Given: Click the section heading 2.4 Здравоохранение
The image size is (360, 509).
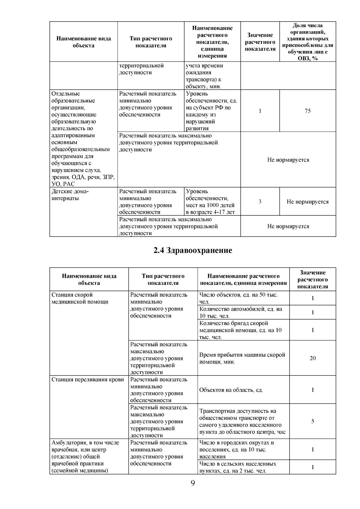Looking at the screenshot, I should click(193, 250).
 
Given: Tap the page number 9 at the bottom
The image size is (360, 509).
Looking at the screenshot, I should click(193, 483).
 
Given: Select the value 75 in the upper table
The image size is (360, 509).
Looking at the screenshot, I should click(307, 111).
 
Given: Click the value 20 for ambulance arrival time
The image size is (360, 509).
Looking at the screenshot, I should click(313, 358).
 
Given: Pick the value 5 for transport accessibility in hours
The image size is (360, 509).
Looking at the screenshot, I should click(313, 421).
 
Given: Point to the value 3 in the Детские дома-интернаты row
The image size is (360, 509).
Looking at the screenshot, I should click(260, 202).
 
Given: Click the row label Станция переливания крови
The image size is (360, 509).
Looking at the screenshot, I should click(88, 379).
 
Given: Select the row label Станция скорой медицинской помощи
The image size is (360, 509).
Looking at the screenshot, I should click(80, 298).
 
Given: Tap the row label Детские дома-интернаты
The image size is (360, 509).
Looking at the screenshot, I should click(70, 195).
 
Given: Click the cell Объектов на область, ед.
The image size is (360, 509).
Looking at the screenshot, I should click(231, 390).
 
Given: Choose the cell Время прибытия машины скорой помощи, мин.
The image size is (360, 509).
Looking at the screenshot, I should click(242, 358).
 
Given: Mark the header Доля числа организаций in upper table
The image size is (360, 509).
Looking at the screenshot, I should click(307, 42).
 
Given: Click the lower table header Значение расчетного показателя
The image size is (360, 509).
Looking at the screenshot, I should click(313, 279).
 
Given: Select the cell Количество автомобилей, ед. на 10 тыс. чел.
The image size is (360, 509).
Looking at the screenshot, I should click(241, 312).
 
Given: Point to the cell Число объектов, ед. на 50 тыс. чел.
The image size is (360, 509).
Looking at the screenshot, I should click(238, 298).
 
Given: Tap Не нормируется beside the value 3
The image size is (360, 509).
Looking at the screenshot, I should click(307, 202).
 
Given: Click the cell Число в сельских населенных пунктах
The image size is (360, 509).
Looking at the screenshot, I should click(238, 467).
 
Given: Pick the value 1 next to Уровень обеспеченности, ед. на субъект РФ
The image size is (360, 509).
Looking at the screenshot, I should click(260, 111).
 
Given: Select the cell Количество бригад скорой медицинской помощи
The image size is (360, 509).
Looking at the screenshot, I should click(241, 330).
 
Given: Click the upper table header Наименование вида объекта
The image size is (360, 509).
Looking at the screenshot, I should click(83, 42).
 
